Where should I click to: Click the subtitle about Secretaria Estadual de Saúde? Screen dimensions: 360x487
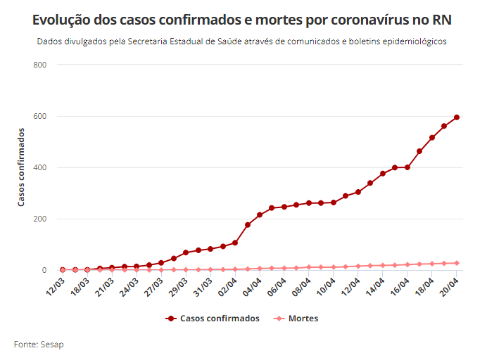tap(243, 41)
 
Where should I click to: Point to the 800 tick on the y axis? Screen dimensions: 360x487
tap(40, 65)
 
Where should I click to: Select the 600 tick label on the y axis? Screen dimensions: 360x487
tap(40, 116)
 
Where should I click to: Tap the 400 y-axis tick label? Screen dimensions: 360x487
tap(40, 167)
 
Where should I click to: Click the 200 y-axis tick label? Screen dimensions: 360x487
tap(40, 219)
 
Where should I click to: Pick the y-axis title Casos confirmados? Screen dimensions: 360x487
tap(21, 167)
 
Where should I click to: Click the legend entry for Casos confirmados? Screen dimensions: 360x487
tap(213, 319)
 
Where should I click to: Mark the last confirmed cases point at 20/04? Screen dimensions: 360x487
tap(457, 117)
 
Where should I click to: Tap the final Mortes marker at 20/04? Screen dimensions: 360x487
tap(457, 263)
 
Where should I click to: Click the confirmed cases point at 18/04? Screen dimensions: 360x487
tap(432, 138)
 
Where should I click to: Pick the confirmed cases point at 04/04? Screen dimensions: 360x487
tap(260, 214)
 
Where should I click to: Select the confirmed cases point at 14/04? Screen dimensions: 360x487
tap(383, 173)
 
